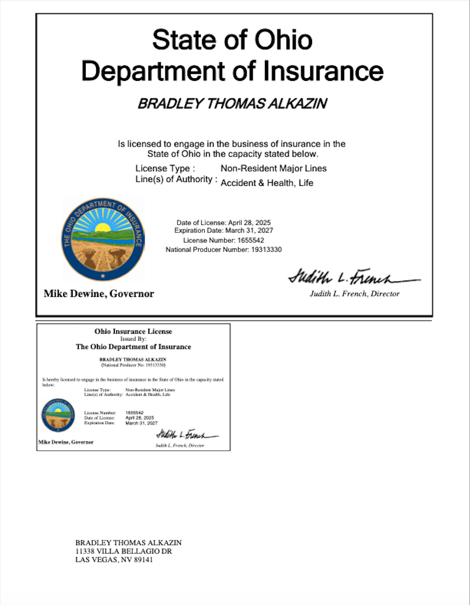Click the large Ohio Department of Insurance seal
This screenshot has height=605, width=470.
pos(103,239)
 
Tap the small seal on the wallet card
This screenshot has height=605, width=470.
pos(58,415)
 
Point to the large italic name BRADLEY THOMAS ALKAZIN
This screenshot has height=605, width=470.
pos(232,104)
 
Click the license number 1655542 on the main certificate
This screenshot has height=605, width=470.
pos(251,240)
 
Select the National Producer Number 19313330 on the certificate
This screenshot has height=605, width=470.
pos(266,250)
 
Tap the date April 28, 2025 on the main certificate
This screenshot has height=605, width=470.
pos(249,223)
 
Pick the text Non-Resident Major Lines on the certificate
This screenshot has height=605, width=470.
pos(274,169)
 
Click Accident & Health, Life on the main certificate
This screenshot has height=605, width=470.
pos(267,183)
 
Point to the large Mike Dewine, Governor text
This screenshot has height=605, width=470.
pos(99,294)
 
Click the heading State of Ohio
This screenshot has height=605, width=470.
pos(232,40)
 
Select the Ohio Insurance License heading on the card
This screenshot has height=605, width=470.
pos(133,331)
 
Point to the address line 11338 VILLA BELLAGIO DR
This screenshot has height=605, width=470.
pos(123,551)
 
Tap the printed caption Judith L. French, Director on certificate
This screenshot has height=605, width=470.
pos(354,294)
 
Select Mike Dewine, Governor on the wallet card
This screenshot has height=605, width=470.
pos(66,442)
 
